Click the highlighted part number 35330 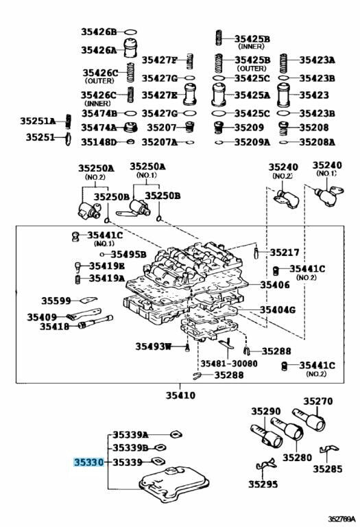[89, 462]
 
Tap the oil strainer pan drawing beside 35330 [174, 484]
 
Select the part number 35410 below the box [180, 395]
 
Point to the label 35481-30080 [229, 363]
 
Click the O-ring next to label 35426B [131, 32]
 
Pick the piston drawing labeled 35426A [131, 48]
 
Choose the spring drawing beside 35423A [284, 63]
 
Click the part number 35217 [285, 252]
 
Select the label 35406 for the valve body [275, 285]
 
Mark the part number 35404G [278, 309]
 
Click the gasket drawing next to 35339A [176, 434]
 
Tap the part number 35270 [318, 401]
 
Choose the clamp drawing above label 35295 [266, 465]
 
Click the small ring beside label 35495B [102, 255]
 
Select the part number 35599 [56, 301]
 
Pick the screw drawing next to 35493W [187, 347]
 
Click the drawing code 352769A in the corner [342, 519]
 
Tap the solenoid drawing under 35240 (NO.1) [328, 195]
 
